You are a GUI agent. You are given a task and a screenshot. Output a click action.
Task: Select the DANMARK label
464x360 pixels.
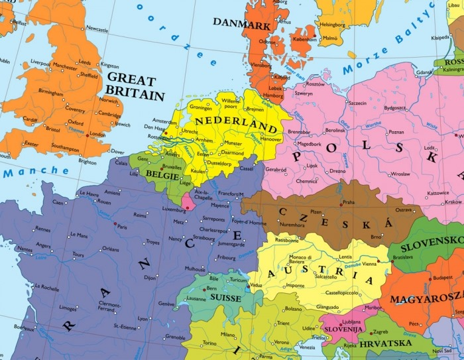coord(241,24)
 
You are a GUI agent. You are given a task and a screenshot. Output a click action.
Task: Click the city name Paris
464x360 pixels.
coord(121,227)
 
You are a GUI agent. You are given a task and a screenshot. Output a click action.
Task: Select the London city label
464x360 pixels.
coord(97,135)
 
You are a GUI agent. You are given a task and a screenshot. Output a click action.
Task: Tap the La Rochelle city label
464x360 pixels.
coord(47,288)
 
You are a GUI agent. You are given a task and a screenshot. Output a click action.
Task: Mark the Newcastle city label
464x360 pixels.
coord(97,29)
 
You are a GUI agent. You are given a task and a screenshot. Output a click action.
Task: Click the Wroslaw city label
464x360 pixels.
coord(400,174)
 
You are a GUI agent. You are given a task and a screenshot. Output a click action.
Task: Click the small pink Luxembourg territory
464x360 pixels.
coord(188,200)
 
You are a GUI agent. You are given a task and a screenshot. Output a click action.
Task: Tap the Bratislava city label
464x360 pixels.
coord(402,257)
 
